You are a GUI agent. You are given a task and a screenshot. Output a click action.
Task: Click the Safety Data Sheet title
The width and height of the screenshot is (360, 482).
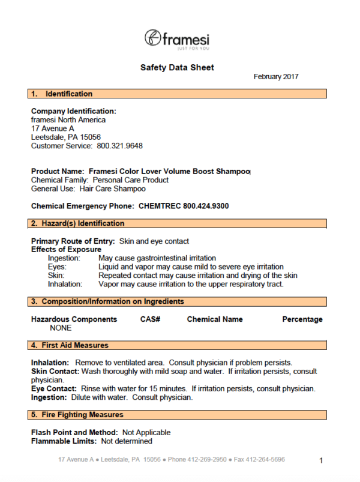tap(177, 68)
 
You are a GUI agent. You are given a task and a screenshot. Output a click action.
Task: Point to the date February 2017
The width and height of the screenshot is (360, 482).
tap(276, 77)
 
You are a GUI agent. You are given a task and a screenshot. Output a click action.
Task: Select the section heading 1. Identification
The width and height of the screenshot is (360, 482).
tap(62, 94)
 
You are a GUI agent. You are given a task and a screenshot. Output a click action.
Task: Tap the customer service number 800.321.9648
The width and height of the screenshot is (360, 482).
tap(119, 146)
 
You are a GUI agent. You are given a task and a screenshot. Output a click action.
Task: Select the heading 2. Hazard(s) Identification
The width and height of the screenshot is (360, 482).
tap(77, 223)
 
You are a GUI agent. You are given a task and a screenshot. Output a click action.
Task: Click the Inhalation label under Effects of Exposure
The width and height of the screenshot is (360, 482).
tap(64, 284)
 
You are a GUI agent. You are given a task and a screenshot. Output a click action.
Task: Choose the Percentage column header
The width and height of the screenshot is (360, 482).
tap(302, 319)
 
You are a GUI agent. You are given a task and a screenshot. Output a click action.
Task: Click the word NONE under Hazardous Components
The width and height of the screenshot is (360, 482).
tap(61, 328)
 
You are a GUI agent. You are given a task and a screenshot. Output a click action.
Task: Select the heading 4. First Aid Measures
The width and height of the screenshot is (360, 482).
tap(70, 345)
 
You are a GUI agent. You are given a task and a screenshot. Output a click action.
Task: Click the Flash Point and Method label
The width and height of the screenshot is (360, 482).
tap(74, 432)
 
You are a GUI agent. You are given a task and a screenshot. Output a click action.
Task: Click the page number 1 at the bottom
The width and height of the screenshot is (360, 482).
tap(321, 460)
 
